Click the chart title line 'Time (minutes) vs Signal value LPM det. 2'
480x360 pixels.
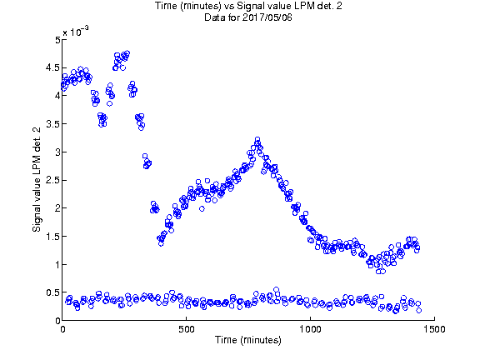[248, 6]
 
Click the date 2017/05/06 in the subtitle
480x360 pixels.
[267, 17]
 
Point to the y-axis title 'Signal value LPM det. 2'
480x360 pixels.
[37, 180]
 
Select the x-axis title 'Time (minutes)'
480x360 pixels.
[248, 340]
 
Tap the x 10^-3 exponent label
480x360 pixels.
[76, 31]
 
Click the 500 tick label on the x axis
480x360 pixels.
[187, 329]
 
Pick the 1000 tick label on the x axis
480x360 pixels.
[310, 329]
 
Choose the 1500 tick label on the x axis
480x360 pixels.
[434, 329]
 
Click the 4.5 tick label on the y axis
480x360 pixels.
[52, 67]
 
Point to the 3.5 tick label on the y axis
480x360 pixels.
[52, 124]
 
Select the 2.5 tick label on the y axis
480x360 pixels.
[52, 180]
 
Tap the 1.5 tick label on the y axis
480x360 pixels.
[52, 237]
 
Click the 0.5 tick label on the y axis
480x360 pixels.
[52, 292]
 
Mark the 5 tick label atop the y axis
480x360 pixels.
[57, 40]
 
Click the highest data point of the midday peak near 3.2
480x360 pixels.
[257, 139]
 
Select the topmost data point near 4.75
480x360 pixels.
[127, 53]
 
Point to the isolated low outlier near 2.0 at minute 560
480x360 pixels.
[202, 209]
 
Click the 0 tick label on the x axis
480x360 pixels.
[62, 329]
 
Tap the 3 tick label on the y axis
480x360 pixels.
[57, 152]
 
